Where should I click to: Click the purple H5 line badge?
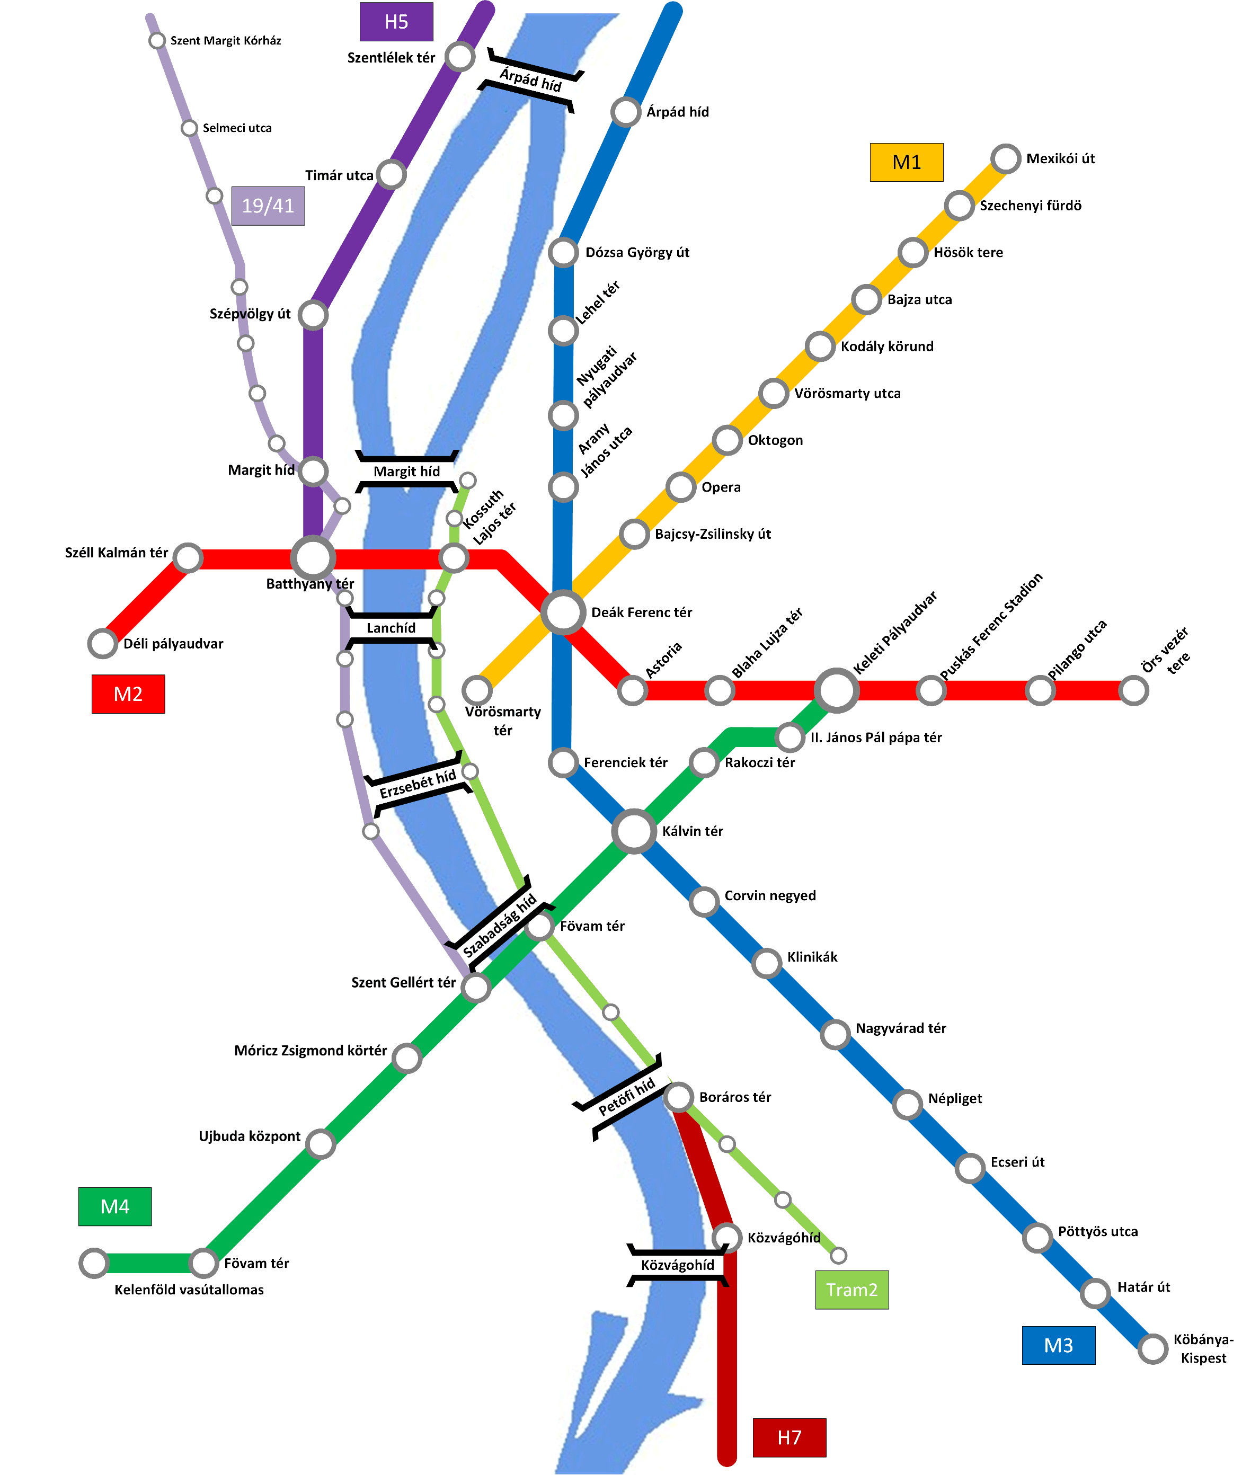396,22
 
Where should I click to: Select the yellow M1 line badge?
906,163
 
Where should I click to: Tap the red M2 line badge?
128,694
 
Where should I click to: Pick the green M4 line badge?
115,1207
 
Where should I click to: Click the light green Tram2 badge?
852,1290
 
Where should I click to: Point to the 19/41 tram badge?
268,206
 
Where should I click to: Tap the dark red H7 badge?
789,1438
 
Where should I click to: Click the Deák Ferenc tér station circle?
563,612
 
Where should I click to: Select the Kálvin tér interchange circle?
634,831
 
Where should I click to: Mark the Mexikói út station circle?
1006,159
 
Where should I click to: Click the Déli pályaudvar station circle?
103,644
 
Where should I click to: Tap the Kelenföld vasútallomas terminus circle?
94,1263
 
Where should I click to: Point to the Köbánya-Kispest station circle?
1152,1349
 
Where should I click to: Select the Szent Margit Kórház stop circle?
157,41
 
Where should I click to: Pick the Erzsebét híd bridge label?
418,784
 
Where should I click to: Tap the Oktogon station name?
775,440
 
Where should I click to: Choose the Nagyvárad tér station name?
901,1028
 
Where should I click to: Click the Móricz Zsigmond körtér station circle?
407,1058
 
